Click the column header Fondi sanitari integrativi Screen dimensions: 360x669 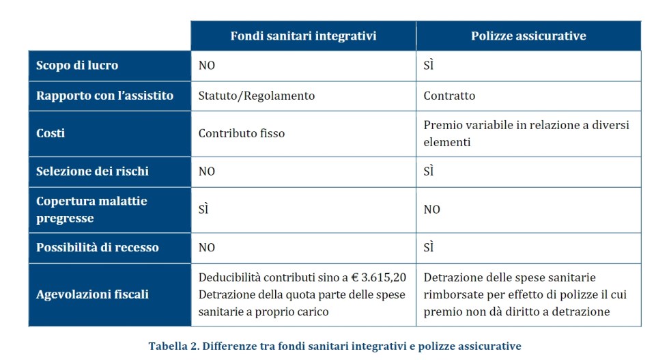(303, 36)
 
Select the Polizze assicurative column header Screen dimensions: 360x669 (528, 36)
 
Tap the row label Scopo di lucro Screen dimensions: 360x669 (77, 66)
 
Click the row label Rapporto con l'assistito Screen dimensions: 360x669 (104, 96)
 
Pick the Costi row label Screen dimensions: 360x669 (51, 133)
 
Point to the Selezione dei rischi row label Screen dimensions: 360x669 (92, 171)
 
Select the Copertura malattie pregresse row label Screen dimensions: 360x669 (91, 210)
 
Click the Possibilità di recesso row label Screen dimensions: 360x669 (97, 247)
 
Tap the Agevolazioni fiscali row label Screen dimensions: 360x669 (92, 295)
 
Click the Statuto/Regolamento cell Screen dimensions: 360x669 (257, 96)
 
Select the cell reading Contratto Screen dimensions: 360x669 (449, 96)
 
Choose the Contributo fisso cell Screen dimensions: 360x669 (242, 133)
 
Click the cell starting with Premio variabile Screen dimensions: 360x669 (526, 133)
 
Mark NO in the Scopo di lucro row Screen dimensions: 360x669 (207, 66)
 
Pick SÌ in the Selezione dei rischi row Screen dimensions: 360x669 (429, 171)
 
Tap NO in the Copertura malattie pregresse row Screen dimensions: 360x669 (431, 210)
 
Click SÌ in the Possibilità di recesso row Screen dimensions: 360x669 (429, 247)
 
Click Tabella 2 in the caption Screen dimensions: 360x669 (173, 346)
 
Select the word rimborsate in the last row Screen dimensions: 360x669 (453, 295)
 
